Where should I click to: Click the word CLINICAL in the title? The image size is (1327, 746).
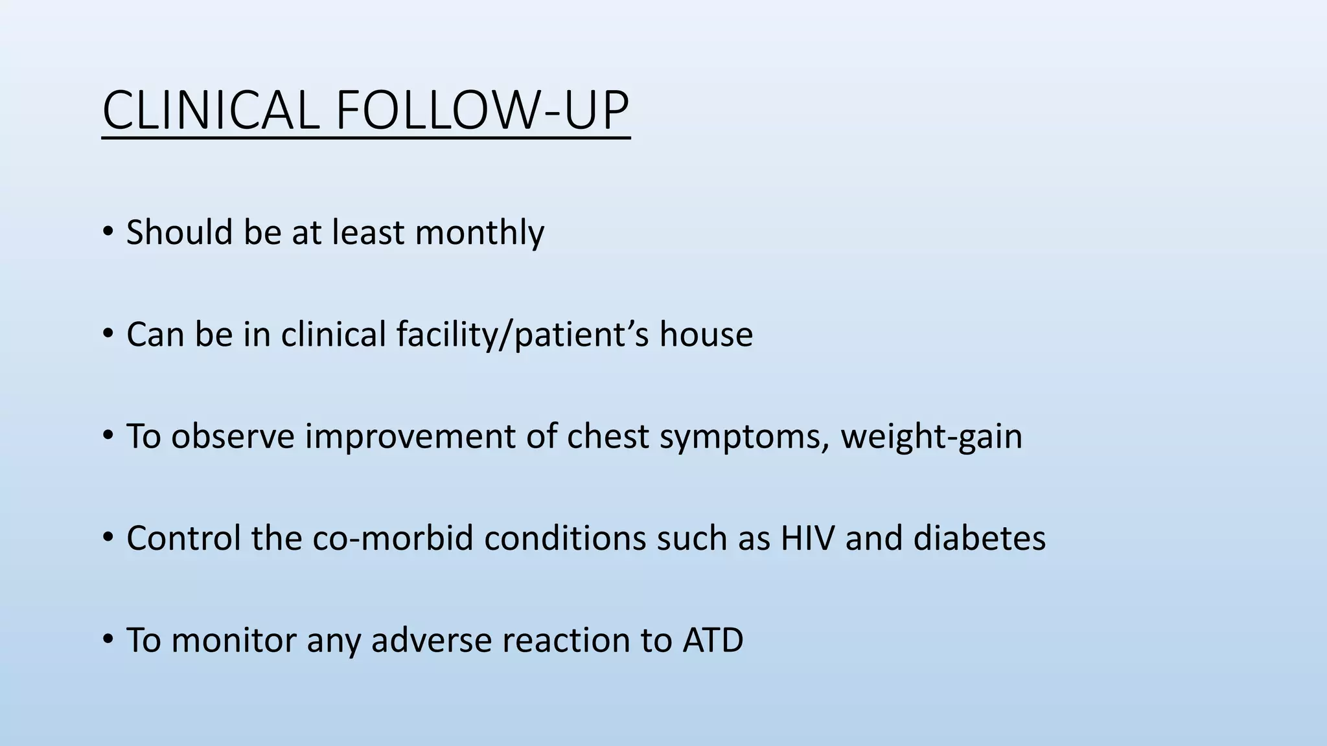(x=211, y=111)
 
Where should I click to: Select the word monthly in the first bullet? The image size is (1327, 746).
(x=479, y=232)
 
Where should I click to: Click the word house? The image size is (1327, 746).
(x=706, y=335)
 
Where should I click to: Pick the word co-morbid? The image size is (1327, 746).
(x=393, y=538)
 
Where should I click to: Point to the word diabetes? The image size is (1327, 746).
(x=979, y=538)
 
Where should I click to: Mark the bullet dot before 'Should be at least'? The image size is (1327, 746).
(x=108, y=231)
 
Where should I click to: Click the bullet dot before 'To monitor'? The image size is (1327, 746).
(x=108, y=639)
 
